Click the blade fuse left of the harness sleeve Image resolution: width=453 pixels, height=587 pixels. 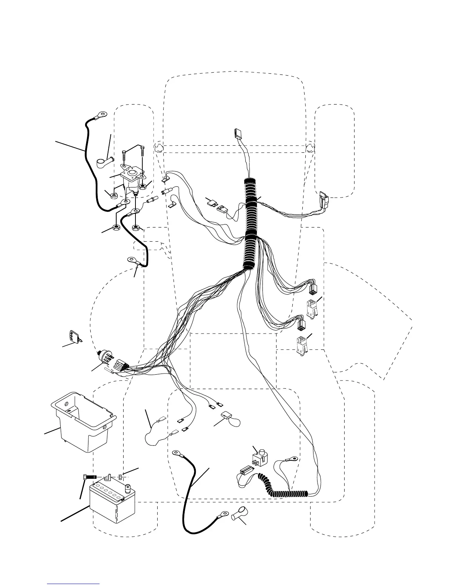(213, 202)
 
